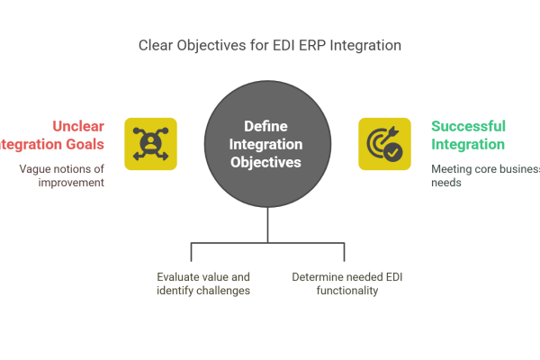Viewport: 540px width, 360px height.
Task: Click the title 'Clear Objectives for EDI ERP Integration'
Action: pyautogui.click(x=269, y=45)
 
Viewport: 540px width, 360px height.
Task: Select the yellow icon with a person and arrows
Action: pyautogui.click(x=150, y=144)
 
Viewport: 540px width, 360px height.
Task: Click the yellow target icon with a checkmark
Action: pyautogui.click(x=384, y=144)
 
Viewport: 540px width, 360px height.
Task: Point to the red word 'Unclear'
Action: pyautogui.click(x=79, y=126)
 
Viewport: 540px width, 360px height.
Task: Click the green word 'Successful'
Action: pyautogui.click(x=468, y=126)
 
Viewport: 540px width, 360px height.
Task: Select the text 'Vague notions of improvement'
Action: pyautogui.click(x=63, y=175)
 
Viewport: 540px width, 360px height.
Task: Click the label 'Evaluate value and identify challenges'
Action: pyautogui.click(x=202, y=283)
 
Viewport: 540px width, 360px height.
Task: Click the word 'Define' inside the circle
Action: pyautogui.click(x=267, y=127)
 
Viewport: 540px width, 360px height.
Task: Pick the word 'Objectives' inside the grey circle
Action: pyautogui.click(x=267, y=163)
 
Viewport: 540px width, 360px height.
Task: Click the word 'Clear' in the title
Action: pyautogui.click(x=157, y=45)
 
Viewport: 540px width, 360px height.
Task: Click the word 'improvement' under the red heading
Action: pyautogui.click(x=72, y=183)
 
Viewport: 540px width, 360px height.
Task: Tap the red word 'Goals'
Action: pyautogui.click(x=84, y=144)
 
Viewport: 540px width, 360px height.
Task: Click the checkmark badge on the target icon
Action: pyautogui.click(x=394, y=153)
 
